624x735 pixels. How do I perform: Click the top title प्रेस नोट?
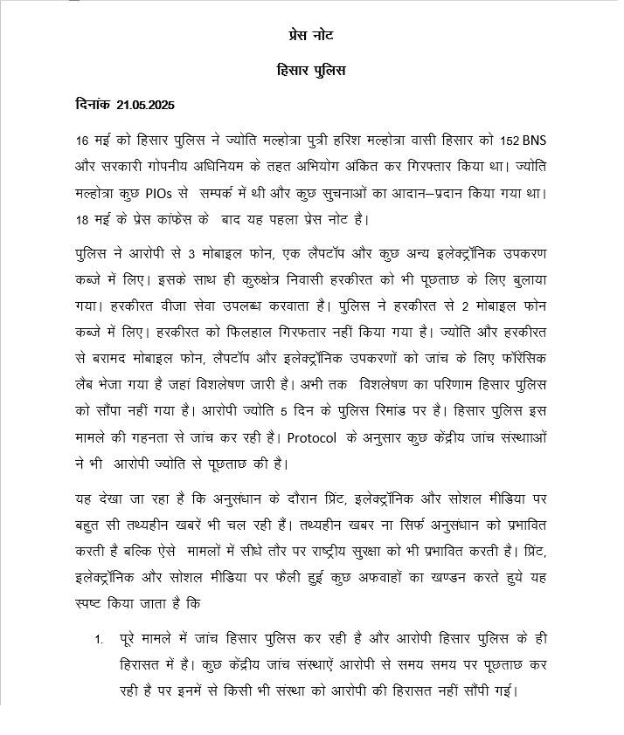coord(310,35)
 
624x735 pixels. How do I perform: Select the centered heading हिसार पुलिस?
coord(310,70)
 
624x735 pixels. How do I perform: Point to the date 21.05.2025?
coord(143,105)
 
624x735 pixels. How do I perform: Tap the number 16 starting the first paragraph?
coord(83,141)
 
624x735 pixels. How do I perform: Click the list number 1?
coord(99,640)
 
